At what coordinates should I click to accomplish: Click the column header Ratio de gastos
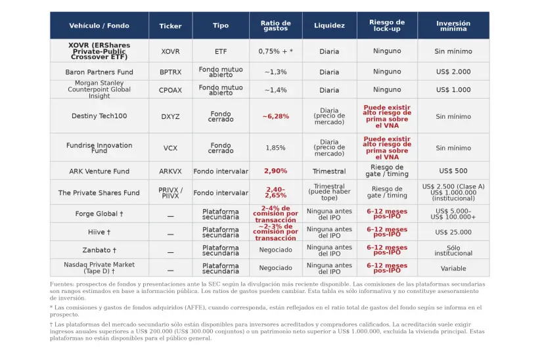click(x=275, y=26)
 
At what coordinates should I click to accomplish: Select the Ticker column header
click(x=170, y=26)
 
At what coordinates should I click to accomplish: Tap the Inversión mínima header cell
click(x=453, y=26)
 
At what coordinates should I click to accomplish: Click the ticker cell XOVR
click(x=170, y=51)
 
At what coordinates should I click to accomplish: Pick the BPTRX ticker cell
click(x=170, y=72)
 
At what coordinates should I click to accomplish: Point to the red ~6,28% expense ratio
click(x=275, y=116)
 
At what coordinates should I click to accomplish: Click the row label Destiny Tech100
click(x=99, y=116)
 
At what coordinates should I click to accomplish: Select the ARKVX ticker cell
click(x=170, y=171)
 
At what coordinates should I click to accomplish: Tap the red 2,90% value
click(x=275, y=171)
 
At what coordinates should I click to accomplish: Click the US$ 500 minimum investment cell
click(x=453, y=171)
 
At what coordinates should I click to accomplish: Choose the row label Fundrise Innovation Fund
click(x=99, y=148)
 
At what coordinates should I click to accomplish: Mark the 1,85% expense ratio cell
click(x=275, y=148)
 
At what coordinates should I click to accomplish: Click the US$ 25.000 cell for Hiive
click(x=453, y=232)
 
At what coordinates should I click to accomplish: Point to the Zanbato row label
click(x=99, y=250)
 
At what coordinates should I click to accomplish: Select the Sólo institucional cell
click(x=453, y=250)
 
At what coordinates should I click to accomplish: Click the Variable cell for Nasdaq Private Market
click(x=453, y=268)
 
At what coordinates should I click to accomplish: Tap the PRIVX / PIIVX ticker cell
click(x=170, y=192)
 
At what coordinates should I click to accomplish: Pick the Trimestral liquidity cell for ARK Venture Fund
click(x=329, y=171)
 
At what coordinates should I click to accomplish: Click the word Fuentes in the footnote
click(x=62, y=284)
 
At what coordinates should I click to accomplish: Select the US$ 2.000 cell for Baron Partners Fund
click(x=453, y=72)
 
